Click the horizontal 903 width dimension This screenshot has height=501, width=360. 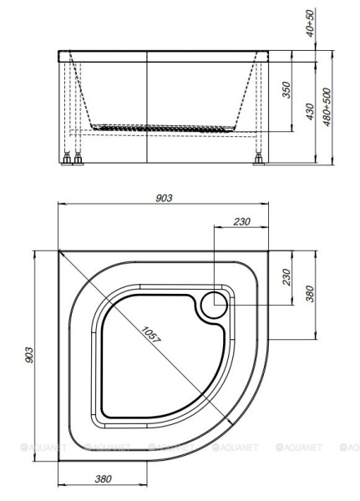click(164, 198)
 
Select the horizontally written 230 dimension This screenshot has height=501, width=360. click(241, 221)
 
